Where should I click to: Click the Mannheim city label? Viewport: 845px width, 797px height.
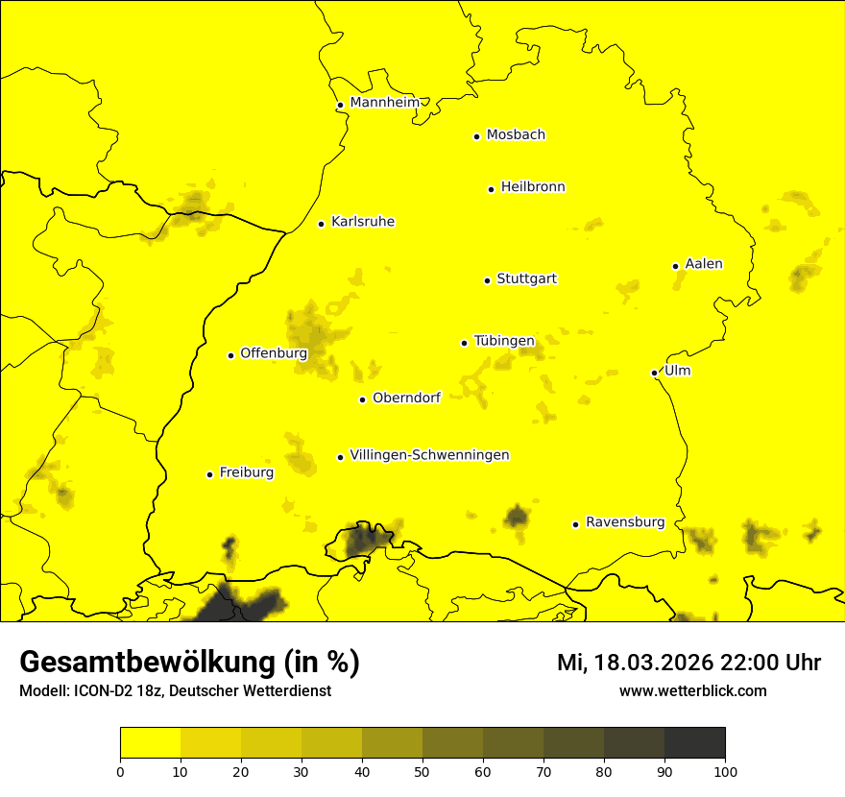click(x=384, y=103)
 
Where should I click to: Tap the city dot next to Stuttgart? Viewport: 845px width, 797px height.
click(x=487, y=280)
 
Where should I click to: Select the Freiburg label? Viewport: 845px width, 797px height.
click(x=246, y=472)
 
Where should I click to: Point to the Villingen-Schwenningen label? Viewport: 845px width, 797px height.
click(x=429, y=455)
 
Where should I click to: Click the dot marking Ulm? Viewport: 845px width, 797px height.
click(x=654, y=373)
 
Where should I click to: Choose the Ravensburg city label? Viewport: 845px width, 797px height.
click(x=624, y=522)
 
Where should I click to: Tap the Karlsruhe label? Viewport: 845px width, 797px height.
click(x=362, y=222)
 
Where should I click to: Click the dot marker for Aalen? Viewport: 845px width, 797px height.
click(x=675, y=266)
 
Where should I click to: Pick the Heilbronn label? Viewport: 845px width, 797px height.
click(x=533, y=187)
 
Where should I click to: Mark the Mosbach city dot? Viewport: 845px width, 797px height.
click(x=476, y=136)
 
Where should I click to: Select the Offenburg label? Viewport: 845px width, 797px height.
click(x=274, y=353)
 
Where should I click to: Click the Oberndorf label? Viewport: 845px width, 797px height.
click(x=406, y=398)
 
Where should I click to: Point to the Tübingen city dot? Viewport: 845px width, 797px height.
click(x=464, y=343)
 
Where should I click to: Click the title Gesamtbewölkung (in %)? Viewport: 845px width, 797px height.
click(x=189, y=663)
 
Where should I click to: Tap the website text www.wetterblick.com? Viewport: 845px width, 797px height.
click(x=692, y=690)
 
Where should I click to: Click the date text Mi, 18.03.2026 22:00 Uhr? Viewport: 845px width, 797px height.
click(x=688, y=663)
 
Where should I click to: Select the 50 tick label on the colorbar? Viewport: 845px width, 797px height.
click(x=422, y=770)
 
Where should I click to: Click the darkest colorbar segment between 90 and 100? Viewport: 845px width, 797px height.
click(x=694, y=742)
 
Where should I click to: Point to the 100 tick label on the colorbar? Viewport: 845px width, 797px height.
click(x=725, y=770)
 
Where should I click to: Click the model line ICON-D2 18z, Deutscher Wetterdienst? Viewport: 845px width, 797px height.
click(x=175, y=691)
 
